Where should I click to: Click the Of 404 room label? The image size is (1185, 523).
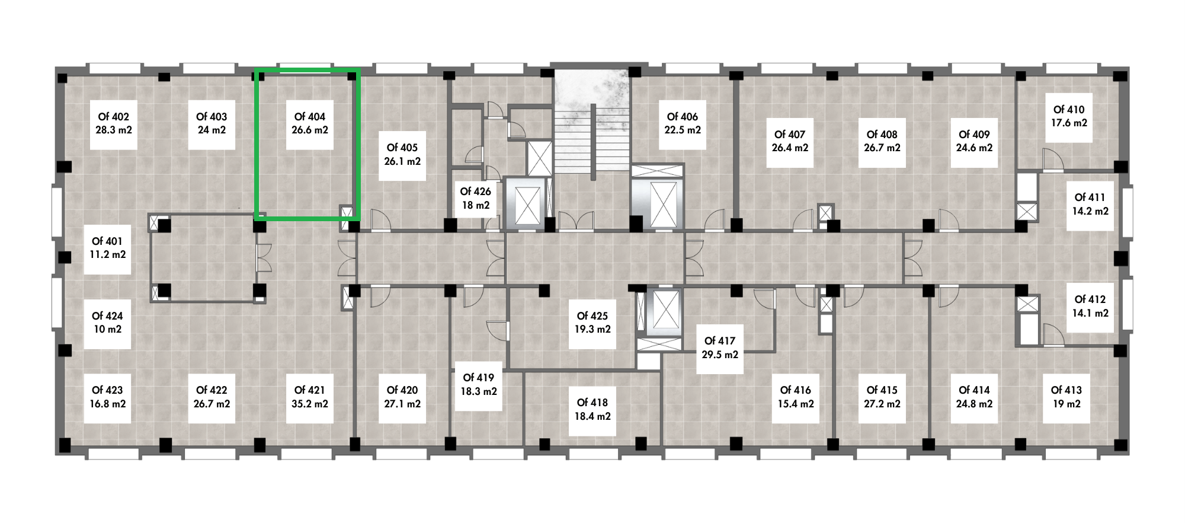(x=309, y=117)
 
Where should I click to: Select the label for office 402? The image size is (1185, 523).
(x=113, y=117)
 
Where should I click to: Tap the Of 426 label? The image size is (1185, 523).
(x=475, y=192)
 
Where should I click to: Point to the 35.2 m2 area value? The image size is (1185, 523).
(x=309, y=404)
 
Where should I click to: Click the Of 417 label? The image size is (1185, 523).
(x=719, y=341)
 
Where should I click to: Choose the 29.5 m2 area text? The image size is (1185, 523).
(x=720, y=355)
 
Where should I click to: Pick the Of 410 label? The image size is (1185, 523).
(x=1069, y=110)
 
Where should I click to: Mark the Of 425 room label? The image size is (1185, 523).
(x=592, y=316)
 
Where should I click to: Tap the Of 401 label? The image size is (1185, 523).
(x=107, y=241)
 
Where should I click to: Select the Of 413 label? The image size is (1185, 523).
(x=1066, y=390)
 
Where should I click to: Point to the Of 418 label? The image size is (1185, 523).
(x=592, y=403)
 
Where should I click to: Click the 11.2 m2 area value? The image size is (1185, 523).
(x=108, y=255)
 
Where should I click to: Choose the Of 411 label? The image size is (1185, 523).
(x=1090, y=197)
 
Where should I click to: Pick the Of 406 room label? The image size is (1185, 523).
(x=683, y=117)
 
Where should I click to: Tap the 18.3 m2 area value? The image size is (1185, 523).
(x=479, y=391)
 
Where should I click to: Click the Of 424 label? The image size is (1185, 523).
(x=107, y=316)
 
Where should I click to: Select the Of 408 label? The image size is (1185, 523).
(x=882, y=135)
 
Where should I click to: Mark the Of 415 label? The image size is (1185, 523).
(x=882, y=390)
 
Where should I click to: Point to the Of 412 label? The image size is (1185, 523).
(x=1090, y=299)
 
